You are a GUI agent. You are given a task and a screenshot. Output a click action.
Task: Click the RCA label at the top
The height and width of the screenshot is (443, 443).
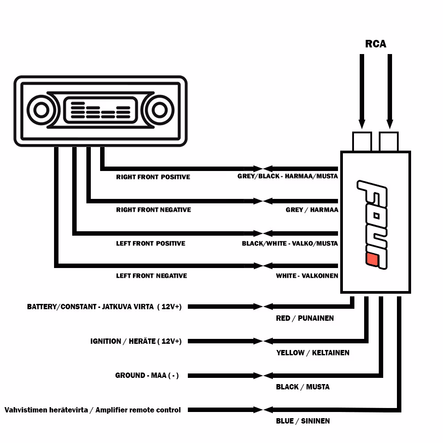375,44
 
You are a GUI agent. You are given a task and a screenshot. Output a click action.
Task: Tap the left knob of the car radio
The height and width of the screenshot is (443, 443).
41,110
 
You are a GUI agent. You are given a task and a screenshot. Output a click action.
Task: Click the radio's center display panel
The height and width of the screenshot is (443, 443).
100,110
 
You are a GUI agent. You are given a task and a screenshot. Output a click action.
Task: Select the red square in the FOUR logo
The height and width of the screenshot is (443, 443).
372,261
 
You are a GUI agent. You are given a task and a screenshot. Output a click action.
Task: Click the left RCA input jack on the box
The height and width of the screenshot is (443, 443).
361,142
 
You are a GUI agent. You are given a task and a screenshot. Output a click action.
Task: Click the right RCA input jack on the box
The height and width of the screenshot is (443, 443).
389,142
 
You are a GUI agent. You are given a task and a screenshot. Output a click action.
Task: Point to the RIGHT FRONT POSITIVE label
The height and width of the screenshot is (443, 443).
153,177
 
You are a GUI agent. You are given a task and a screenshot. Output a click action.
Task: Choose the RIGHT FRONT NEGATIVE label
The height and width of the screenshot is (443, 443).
153,210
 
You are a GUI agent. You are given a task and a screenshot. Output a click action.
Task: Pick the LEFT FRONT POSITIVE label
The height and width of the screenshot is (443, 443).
151,243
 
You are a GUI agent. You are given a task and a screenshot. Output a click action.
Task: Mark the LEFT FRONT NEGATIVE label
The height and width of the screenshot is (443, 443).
152,276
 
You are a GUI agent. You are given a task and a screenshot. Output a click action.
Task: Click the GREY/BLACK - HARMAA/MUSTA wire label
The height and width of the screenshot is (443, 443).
288,176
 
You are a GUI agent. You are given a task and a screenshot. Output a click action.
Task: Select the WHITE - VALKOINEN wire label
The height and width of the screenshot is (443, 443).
307,276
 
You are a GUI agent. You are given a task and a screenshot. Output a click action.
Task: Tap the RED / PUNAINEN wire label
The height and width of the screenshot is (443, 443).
305,318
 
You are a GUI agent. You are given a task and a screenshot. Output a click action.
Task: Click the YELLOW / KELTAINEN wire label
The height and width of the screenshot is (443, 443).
313,353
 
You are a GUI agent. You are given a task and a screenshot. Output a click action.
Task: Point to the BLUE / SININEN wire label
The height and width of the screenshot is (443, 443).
303,421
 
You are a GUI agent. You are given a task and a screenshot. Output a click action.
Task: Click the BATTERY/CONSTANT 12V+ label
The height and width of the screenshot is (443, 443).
104,307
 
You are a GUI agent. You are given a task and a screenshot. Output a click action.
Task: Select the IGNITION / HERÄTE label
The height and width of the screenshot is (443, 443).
136,341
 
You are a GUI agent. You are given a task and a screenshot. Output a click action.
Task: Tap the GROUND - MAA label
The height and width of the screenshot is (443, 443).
147,375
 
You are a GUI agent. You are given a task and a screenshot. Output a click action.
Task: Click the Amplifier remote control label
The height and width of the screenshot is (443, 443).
93,410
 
